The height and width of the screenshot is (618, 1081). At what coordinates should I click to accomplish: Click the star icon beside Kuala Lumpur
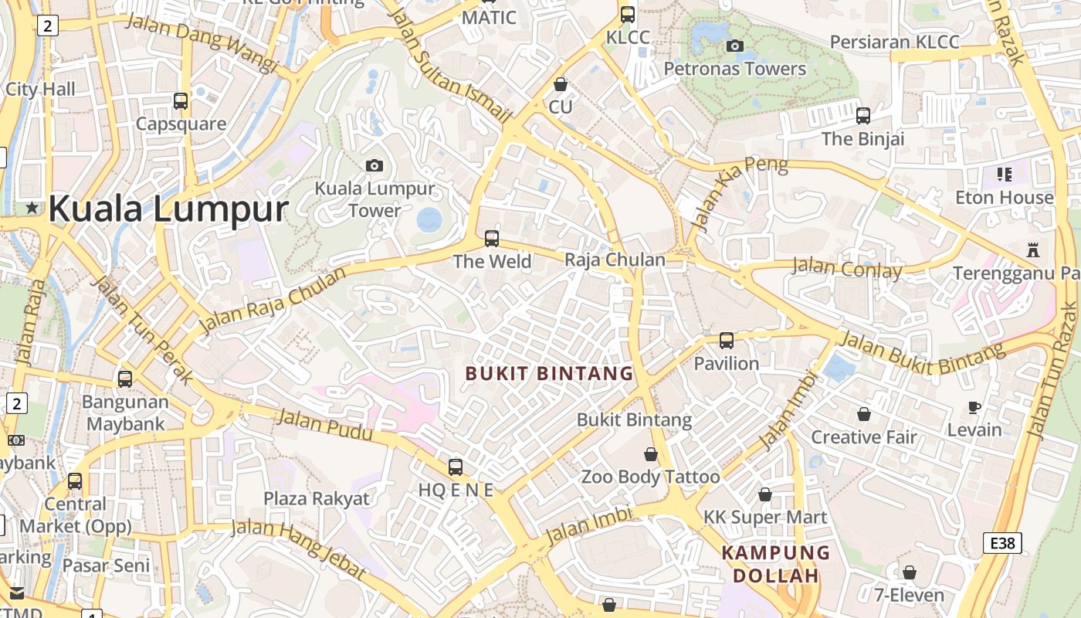pyautogui.click(x=32, y=208)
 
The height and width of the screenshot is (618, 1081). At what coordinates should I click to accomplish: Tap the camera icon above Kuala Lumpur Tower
pyautogui.click(x=374, y=165)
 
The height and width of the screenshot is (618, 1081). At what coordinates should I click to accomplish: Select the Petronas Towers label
pyautogui.click(x=734, y=69)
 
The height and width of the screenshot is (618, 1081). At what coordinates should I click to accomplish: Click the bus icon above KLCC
pyautogui.click(x=628, y=14)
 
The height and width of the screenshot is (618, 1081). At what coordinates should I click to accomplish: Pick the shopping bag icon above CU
pyautogui.click(x=561, y=84)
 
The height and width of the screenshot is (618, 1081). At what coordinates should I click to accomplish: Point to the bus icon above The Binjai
pyautogui.click(x=863, y=116)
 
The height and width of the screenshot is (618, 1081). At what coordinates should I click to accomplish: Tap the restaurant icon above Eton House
pyautogui.click(x=1004, y=175)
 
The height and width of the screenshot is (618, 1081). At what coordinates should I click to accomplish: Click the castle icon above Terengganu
pyautogui.click(x=1033, y=250)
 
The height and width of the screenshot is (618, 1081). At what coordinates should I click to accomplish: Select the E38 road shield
pyautogui.click(x=1002, y=543)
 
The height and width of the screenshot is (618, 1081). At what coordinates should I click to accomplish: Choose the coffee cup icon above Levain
pyautogui.click(x=974, y=407)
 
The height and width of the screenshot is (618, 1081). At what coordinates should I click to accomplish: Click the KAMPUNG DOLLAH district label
pyautogui.click(x=775, y=564)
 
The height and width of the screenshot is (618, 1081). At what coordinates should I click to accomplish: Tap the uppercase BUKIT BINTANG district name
pyautogui.click(x=549, y=374)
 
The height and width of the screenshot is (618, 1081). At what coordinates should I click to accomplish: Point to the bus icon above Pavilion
pyautogui.click(x=726, y=340)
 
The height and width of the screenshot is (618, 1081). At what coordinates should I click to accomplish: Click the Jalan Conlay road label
pyautogui.click(x=847, y=268)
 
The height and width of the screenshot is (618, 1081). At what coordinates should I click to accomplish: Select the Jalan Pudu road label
pyautogui.click(x=324, y=426)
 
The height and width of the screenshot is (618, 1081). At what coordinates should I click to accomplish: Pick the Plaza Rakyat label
pyautogui.click(x=317, y=498)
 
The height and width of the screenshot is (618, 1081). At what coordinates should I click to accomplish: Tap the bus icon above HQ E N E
pyautogui.click(x=456, y=467)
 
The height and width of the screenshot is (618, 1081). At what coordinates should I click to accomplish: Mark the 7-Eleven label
pyautogui.click(x=909, y=595)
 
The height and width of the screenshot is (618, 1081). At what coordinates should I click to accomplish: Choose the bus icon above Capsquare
pyautogui.click(x=181, y=100)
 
